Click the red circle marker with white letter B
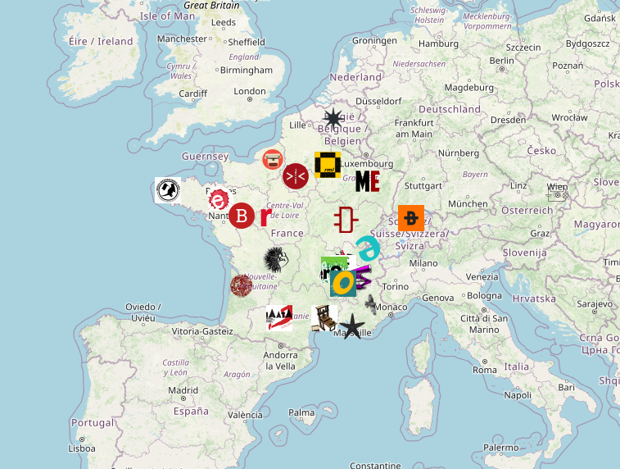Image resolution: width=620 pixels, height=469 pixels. pos(242,216)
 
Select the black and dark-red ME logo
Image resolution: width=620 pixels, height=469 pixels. pos(367,181)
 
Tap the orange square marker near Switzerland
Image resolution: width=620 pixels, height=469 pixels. pos(411,218)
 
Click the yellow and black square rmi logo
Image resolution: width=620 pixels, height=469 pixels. pos(328,165)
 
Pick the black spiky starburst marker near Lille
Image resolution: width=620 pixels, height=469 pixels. pos(333,118)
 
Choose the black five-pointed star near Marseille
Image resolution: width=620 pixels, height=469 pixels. pos(351,326)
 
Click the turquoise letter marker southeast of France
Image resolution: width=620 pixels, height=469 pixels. pos(368,248)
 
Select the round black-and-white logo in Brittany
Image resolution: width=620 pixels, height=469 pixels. pos(168,190)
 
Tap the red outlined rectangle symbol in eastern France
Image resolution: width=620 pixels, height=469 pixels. pos(345,220)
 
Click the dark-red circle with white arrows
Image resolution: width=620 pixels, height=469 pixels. pos(295,175)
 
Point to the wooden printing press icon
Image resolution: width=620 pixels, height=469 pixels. pos(325,317)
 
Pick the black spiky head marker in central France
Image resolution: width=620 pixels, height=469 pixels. pos(276,260)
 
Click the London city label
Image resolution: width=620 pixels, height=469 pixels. pos(250,92)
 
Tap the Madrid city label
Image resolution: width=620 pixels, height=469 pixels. pos(183,390)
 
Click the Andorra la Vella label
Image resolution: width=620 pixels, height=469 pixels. pos(280,360)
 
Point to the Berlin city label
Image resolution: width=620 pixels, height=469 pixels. pos(501,60)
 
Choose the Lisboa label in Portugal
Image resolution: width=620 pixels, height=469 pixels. pos(82,449)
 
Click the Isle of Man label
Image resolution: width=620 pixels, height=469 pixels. pos(168,16)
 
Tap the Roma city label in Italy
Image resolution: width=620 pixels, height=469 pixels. pos(485,370)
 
